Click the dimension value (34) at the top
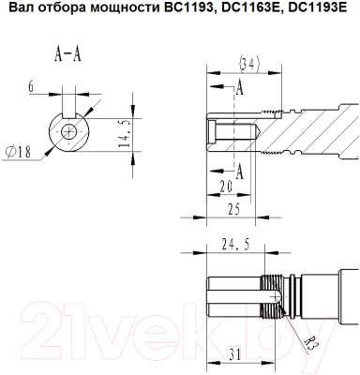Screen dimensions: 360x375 coord(249,65)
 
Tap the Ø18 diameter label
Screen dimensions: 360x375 coord(19,152)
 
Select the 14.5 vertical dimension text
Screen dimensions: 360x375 coord(125,134)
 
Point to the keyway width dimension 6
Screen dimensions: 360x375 coord(31,86)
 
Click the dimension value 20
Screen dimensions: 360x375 coord(226,187)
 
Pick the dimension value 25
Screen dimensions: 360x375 coord(234,209)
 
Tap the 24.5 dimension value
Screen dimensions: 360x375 coord(235,245)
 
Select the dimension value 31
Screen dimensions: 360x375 coord(235,354)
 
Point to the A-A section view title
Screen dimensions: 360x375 coord(67,55)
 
